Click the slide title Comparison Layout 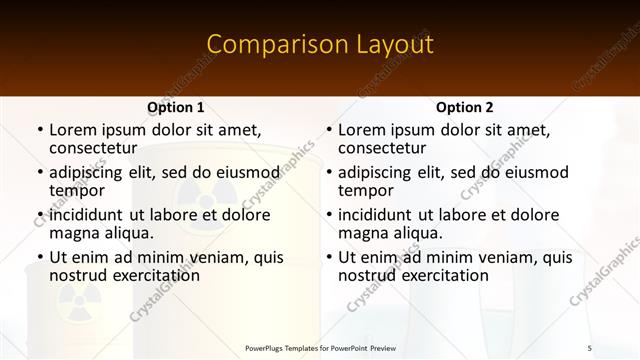tap(319, 45)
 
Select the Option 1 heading tap(175, 107)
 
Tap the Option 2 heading tap(464, 107)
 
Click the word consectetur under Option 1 tap(92, 148)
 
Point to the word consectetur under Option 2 tap(381, 148)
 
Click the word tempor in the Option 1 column tap(76, 190)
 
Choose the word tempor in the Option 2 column tap(365, 190)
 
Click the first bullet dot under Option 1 tap(40, 130)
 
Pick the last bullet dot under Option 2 tap(329, 257)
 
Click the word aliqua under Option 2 tap(419, 233)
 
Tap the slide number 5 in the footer tap(589, 347)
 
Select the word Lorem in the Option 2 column tap(361, 130)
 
